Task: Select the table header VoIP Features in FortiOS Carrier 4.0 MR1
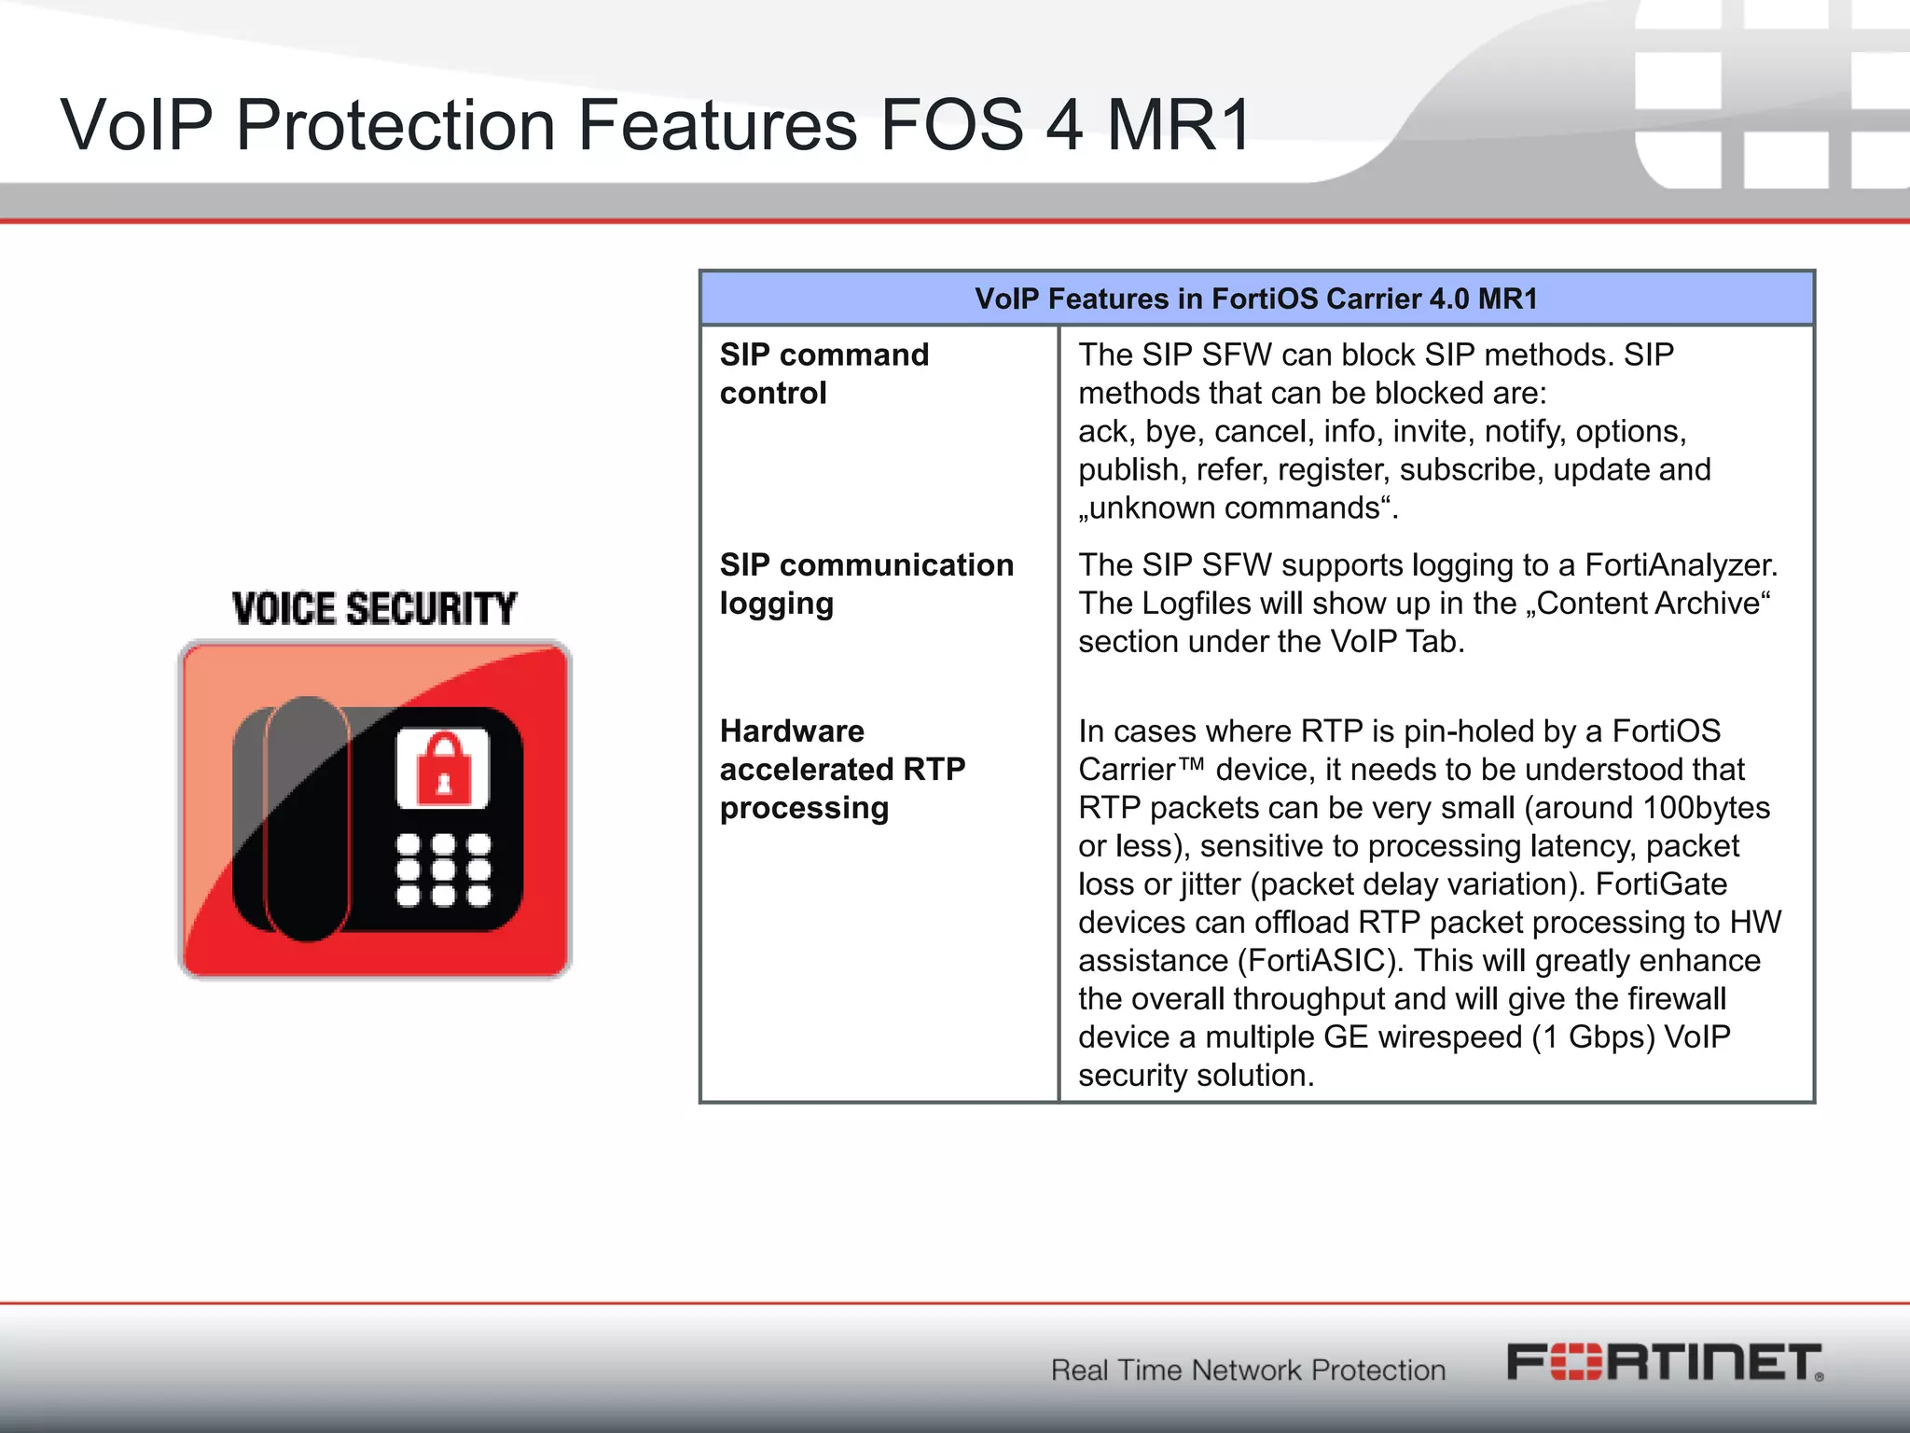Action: tap(1256, 299)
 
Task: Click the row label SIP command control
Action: tap(824, 373)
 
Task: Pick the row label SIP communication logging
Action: tap(866, 584)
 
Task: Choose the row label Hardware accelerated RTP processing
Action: tap(842, 769)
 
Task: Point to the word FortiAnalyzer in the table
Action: tap(1681, 565)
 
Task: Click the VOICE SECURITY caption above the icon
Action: tap(374, 608)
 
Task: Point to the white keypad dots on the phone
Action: tap(443, 870)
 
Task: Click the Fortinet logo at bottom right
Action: tap(1665, 1362)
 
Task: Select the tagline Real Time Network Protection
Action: tap(1248, 1370)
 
